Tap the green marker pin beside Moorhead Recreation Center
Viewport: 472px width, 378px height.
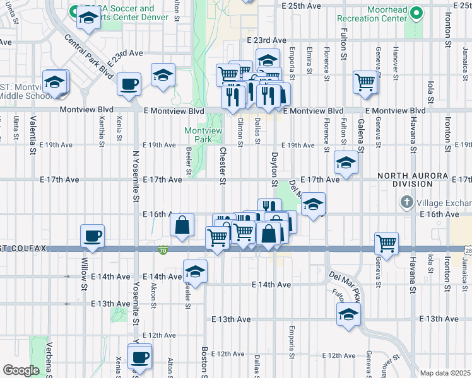(416, 13)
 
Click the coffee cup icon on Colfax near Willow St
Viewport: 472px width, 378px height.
(93, 236)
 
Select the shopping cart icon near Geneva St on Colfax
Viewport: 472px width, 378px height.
(386, 243)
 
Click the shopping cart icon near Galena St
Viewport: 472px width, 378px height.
(365, 82)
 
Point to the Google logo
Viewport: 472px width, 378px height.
(20, 370)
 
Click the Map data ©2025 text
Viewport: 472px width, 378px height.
(445, 373)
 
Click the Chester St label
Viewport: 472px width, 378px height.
(222, 166)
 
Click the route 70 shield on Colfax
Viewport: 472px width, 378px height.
(163, 249)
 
